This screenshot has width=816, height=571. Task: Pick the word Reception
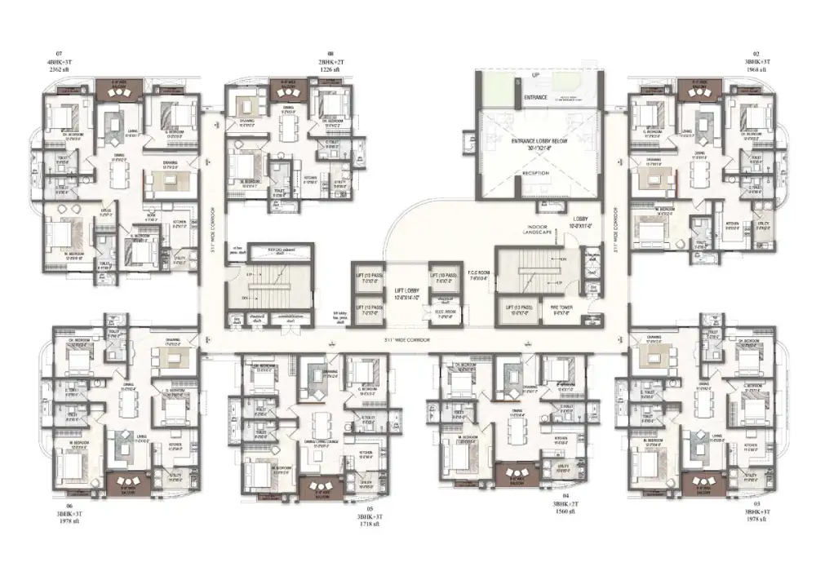coord(535,174)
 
